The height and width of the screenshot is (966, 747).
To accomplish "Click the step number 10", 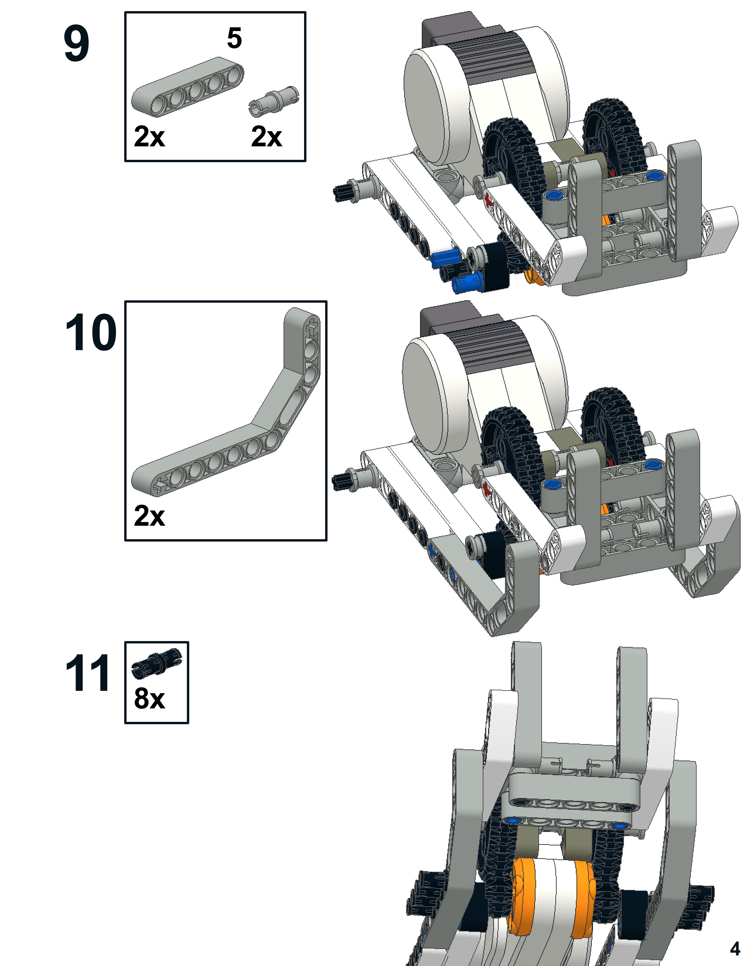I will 91,332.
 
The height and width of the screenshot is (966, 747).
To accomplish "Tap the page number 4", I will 735,948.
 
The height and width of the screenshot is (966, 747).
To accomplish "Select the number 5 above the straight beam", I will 234,38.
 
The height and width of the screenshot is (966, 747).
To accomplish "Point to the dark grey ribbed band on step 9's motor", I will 496,57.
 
